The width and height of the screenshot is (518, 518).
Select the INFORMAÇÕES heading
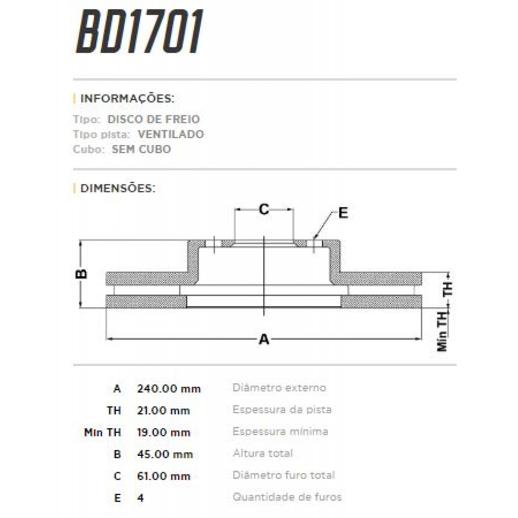coord(127,98)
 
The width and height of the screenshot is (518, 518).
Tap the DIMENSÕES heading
coord(118,188)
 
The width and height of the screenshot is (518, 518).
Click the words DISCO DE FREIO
coord(154,119)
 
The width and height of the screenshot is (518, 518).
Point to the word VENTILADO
coord(171,134)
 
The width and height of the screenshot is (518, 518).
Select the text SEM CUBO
coord(141,149)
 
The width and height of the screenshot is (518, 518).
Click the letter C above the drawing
coord(264,209)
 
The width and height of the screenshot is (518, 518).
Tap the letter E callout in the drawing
coord(343,213)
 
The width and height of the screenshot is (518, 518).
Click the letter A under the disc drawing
coord(264,339)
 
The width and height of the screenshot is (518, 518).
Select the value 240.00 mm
coord(169,388)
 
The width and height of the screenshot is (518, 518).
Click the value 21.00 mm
coord(164,411)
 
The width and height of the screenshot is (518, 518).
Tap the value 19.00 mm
coord(164,433)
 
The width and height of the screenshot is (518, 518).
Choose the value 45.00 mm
coord(165,454)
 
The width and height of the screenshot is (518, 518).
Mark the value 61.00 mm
coord(164,476)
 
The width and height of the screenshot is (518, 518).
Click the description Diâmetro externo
coord(279,388)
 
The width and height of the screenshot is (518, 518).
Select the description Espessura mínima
coord(280,431)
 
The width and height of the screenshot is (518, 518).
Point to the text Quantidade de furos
coord(287,497)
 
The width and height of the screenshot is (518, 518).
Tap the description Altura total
coord(263,453)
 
